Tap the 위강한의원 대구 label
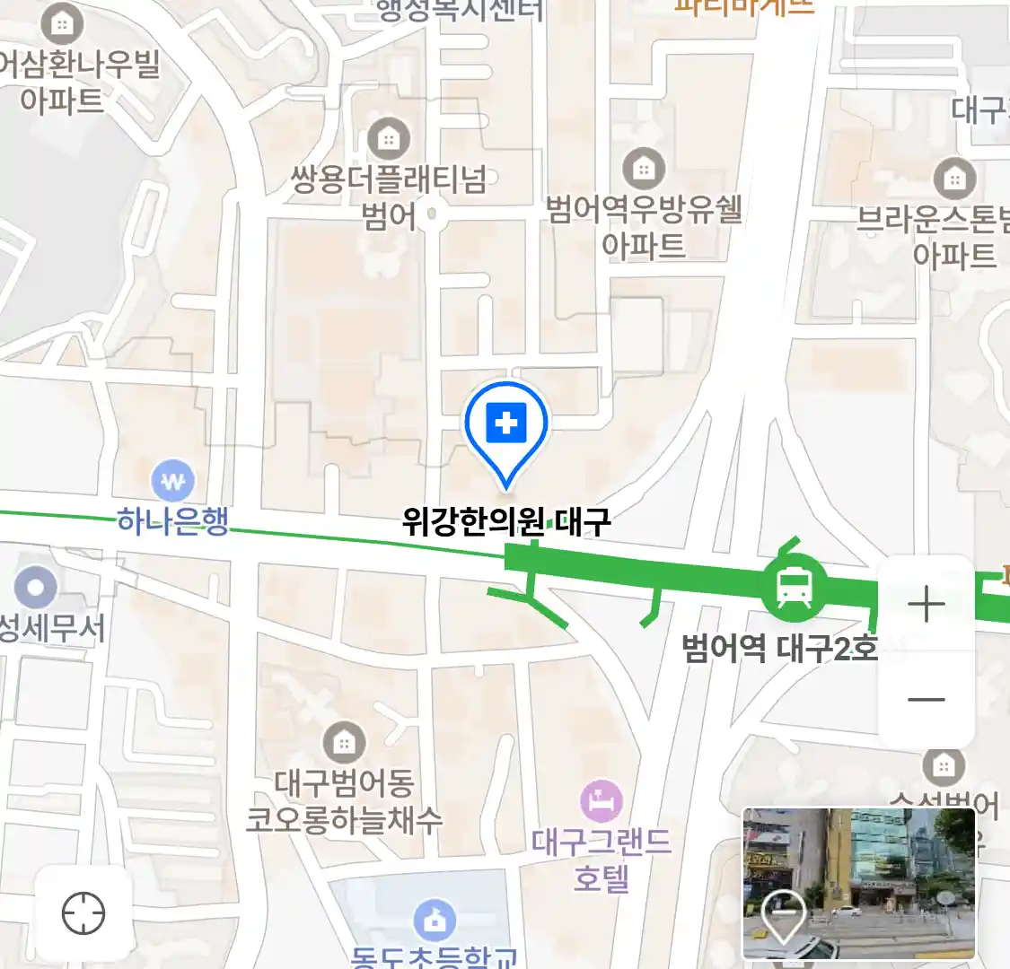click(506, 520)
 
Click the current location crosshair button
click(83, 913)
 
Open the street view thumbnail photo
click(858, 883)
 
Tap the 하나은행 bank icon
click(172, 481)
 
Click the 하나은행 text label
click(173, 520)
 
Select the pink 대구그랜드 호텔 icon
click(601, 800)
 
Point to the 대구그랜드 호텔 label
click(601, 859)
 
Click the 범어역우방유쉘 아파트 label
click(644, 227)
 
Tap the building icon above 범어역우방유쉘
click(644, 168)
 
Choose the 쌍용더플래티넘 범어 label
click(389, 197)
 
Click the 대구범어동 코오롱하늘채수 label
click(344, 800)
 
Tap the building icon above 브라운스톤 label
click(954, 179)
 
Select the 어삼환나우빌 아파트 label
click(76, 81)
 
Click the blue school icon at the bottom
click(435, 920)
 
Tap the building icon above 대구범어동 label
click(343, 741)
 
